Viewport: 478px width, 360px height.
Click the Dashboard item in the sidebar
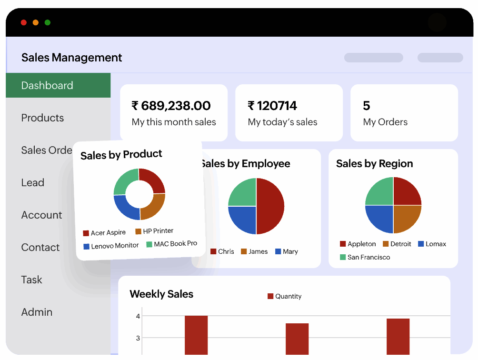[47, 86]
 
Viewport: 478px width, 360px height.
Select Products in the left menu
[42, 118]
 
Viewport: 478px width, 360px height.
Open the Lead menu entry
[32, 183]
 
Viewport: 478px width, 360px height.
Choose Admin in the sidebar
[37, 312]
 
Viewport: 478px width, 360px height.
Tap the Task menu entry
[31, 280]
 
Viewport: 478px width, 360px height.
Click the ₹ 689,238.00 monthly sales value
[171, 106]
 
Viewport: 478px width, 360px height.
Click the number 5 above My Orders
[366, 106]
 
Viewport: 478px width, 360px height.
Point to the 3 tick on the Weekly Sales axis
[138, 338]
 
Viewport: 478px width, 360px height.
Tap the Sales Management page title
[72, 58]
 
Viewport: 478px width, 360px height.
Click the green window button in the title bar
[48, 22]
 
